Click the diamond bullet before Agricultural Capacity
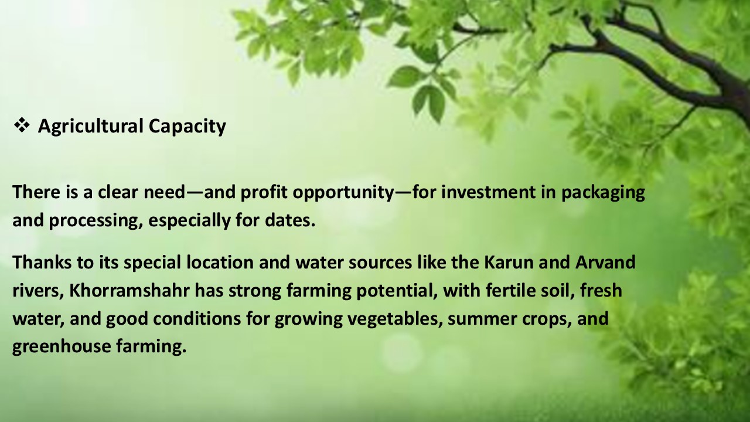tap(22, 125)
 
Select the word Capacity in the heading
tap(187, 127)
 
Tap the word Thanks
tap(42, 262)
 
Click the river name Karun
tap(509, 262)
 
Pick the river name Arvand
tap(605, 262)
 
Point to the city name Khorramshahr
tap(129, 290)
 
